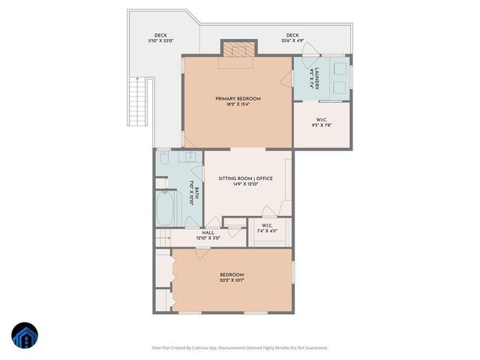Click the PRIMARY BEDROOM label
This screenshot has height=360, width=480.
point(238,99)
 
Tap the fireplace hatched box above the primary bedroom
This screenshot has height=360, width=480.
point(238,49)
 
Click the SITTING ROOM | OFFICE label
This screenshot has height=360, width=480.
point(244,178)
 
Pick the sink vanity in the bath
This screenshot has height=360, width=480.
point(190,156)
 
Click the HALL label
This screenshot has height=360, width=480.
point(208,232)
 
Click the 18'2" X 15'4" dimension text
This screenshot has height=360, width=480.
point(238,104)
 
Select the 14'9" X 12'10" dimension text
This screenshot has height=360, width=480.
point(244,184)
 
